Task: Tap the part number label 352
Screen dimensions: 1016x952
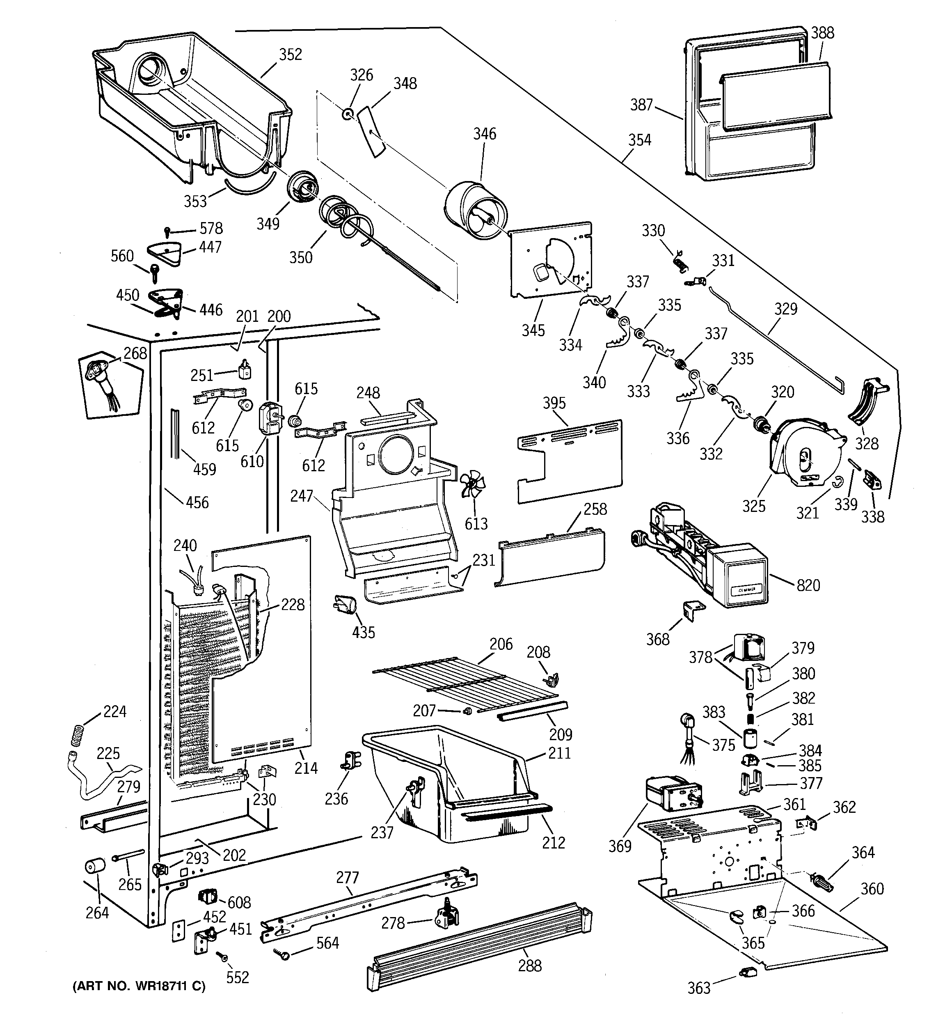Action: (290, 55)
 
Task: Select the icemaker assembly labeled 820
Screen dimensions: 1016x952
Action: (705, 557)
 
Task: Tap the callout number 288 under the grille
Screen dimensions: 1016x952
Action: (529, 966)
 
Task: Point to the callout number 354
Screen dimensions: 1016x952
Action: (639, 140)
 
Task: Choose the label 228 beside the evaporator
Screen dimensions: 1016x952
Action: (292, 605)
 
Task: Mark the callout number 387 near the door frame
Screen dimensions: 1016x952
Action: (641, 105)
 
